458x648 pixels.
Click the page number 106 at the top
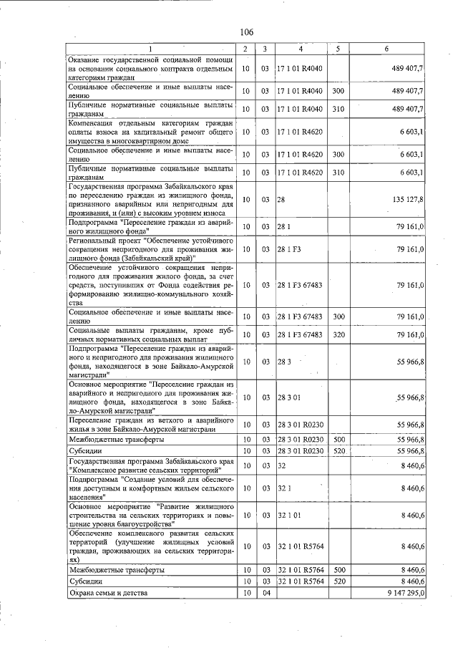click(247, 32)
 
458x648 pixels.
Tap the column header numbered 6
click(386, 49)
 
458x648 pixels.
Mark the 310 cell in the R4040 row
click(338, 109)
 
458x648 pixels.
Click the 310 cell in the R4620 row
click(338, 173)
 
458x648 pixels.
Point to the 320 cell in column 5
click(338, 334)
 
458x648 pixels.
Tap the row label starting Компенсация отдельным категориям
click(150, 132)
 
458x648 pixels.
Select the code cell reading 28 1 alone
click(284, 227)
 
